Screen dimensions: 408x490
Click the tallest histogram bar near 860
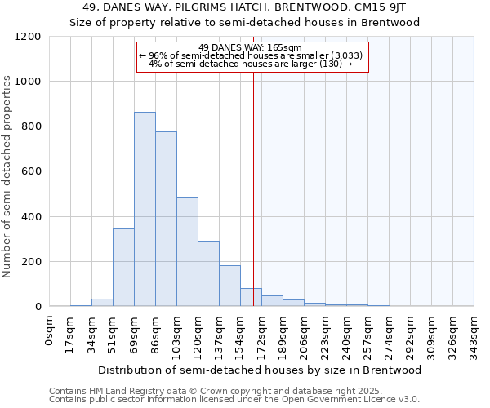[x=145, y=209]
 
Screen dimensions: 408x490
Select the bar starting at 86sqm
[x=166, y=219]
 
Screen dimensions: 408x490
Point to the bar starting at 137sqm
[x=229, y=286]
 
